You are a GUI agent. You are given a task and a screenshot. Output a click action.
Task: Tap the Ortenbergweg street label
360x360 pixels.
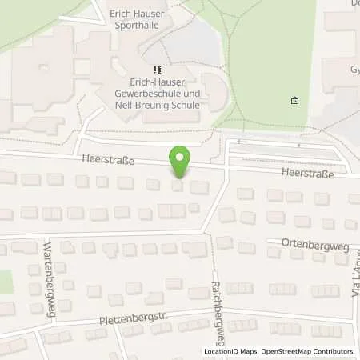[x=314, y=245]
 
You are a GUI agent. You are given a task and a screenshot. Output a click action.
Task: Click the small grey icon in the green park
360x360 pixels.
[x=294, y=101]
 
